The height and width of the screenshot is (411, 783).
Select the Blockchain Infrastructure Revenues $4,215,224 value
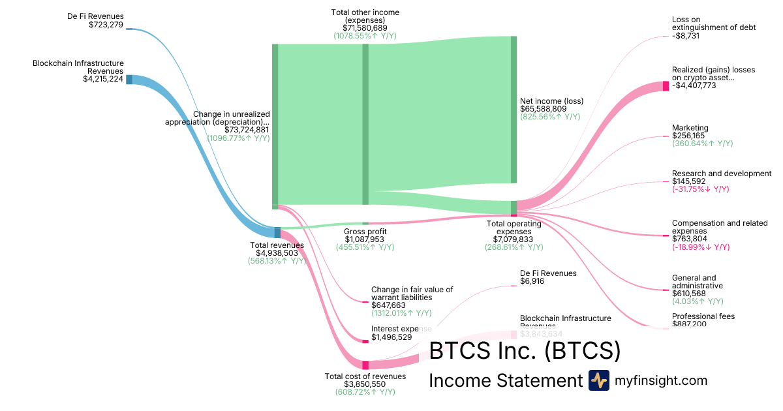(102, 80)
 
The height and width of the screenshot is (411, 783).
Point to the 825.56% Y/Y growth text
(549, 117)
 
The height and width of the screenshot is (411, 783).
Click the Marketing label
(690, 128)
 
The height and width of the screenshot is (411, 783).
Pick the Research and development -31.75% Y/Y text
(700, 189)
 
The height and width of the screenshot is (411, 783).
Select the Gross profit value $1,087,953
(365, 239)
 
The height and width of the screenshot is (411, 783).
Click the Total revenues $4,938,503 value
(277, 253)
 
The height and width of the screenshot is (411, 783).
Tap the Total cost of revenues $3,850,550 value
(365, 384)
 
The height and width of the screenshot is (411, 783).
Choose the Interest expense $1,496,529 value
(392, 337)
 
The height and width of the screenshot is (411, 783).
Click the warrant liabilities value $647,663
(388, 305)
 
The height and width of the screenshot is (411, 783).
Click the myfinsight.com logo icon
(598, 380)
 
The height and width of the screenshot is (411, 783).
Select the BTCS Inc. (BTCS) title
(524, 351)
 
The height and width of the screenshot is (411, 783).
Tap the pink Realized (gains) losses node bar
(666, 86)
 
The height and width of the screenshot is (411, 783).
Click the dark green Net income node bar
(514, 110)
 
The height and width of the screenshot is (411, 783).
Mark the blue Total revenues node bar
(277, 232)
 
